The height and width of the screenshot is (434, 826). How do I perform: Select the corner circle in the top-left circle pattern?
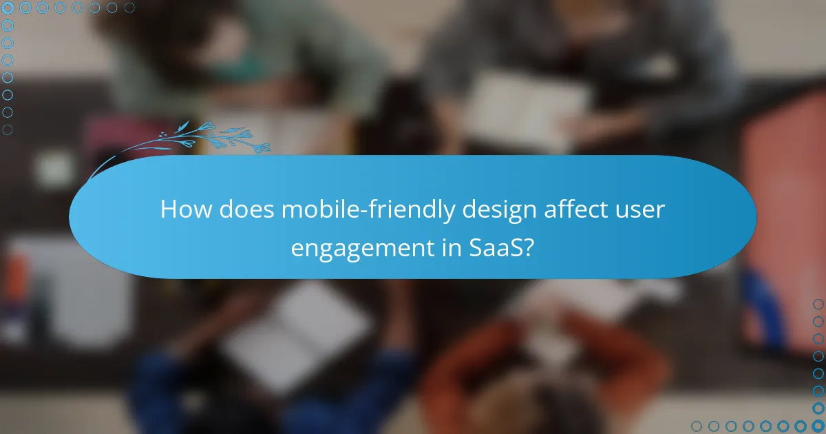tap(8, 8)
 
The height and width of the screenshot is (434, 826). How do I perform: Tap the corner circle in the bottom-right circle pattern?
tap(818, 426)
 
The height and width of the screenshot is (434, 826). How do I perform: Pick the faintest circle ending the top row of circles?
tap(129, 8)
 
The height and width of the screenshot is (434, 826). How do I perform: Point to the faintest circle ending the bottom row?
tap(697, 426)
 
